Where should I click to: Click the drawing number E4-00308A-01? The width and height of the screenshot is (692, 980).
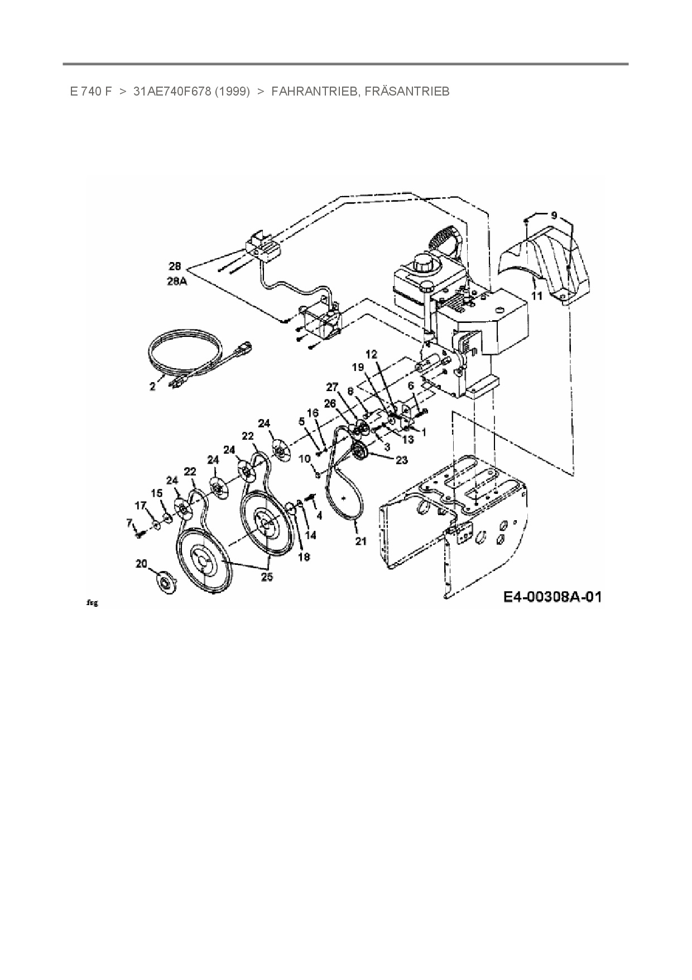[x=552, y=597]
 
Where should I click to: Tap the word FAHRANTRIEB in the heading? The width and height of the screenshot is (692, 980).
[x=314, y=92]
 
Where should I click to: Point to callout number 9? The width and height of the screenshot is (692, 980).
[x=554, y=215]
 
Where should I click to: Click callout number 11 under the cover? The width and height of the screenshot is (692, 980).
[x=536, y=296]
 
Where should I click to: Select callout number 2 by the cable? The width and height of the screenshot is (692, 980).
[x=152, y=387]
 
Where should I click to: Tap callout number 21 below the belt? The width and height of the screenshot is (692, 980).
[x=361, y=540]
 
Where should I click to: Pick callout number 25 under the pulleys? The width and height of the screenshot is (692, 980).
[x=267, y=577]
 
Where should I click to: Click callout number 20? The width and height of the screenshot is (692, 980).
[x=141, y=563]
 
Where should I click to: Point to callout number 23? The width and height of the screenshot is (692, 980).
[x=401, y=460]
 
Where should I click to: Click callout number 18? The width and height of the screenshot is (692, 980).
[x=304, y=556]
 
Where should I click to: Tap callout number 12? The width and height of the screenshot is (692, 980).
[x=372, y=354]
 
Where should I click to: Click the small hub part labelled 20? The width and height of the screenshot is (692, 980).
[x=166, y=583]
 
